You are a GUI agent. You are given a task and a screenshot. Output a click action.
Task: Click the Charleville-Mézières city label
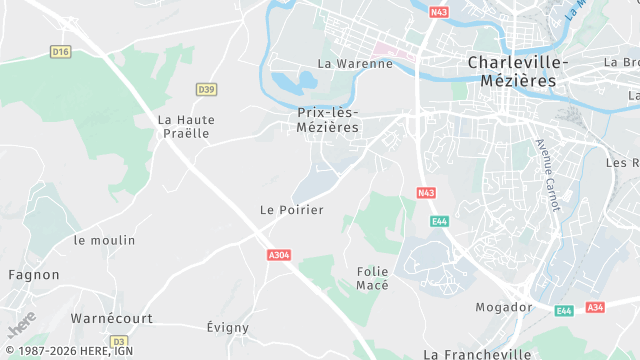(517, 71)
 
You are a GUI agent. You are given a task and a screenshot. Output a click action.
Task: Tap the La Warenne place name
(354, 64)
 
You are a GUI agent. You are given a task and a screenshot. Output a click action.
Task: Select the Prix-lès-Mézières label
(328, 120)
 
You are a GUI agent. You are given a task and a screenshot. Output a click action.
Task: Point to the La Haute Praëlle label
(186, 126)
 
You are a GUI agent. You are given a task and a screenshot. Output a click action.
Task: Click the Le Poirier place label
(292, 210)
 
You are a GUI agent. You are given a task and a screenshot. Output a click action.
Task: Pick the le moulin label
(104, 241)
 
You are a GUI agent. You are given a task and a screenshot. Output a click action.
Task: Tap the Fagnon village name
(34, 275)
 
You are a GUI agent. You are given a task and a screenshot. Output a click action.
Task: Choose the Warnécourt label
(110, 318)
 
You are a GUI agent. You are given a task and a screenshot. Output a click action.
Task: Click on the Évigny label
(227, 328)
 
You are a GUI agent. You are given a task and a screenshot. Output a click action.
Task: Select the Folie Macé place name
(372, 278)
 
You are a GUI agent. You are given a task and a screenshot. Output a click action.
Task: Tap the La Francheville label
(477, 354)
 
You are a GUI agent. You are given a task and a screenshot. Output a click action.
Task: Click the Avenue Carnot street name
(548, 175)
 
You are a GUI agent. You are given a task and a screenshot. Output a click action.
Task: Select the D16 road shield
(62, 51)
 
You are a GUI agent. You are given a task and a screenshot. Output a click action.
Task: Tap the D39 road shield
(206, 89)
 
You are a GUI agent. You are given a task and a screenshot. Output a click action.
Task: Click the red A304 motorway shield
(279, 255)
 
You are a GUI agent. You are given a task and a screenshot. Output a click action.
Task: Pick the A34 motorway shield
(595, 307)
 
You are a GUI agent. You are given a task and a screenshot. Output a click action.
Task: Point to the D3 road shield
(118, 341)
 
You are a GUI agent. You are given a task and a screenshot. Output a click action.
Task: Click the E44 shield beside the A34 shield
(565, 311)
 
